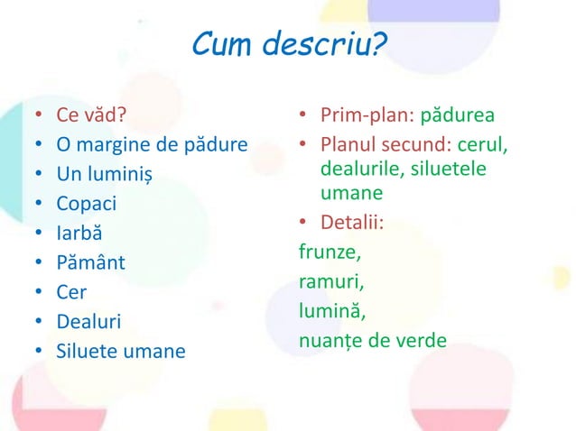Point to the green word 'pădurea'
coord(458,116)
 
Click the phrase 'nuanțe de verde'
coord(372,341)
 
